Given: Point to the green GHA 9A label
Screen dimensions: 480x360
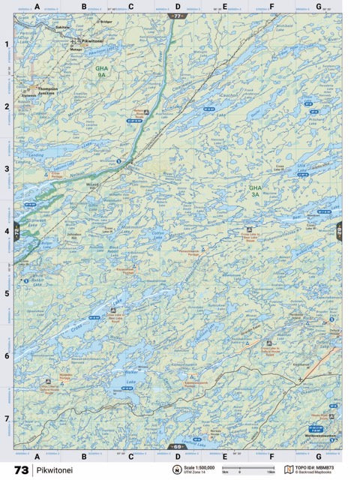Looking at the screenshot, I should pyautogui.click(x=100, y=72).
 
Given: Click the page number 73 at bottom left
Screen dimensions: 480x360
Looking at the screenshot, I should pyautogui.click(x=20, y=470).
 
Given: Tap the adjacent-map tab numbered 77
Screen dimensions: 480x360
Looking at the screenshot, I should pyautogui.click(x=177, y=16).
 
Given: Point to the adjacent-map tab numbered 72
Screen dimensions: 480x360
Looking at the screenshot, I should pyautogui.click(x=16, y=231).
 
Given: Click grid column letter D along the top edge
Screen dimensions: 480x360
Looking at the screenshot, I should pyautogui.click(x=177, y=6).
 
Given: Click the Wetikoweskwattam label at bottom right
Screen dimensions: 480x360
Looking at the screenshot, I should pyautogui.click(x=318, y=436).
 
